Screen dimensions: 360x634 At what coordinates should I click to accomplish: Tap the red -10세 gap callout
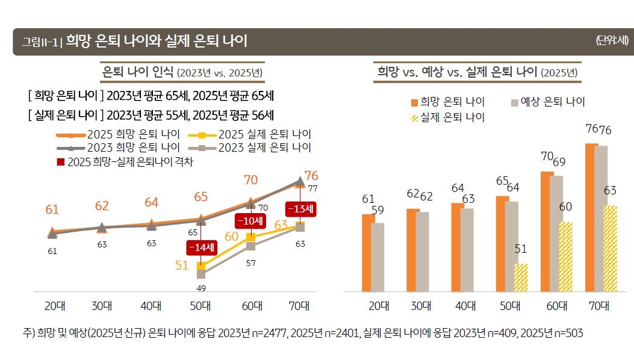pyautogui.click(x=250, y=221)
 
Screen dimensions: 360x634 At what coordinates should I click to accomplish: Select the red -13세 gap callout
pyautogui.click(x=300, y=209)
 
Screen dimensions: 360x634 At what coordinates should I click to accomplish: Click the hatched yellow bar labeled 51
pyautogui.click(x=520, y=278)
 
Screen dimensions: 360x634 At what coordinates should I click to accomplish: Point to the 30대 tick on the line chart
pyautogui.click(x=102, y=305)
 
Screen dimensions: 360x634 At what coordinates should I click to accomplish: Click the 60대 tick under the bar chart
pyautogui.click(x=556, y=305)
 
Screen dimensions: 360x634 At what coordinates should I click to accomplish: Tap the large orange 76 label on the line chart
pyautogui.click(x=311, y=176)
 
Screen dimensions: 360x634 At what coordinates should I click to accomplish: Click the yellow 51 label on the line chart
pyautogui.click(x=182, y=265)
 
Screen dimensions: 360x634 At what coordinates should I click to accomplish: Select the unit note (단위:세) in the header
pyautogui.click(x=612, y=41)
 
